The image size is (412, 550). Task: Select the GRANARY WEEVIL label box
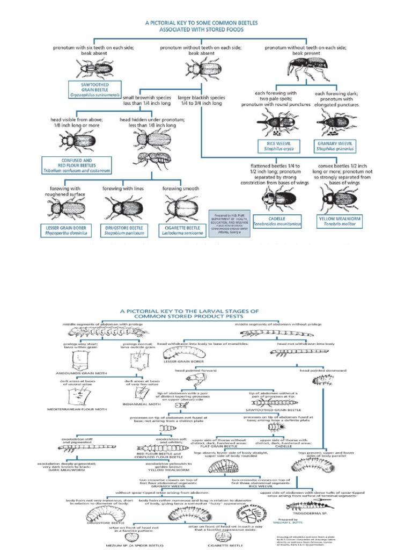pos(336,146)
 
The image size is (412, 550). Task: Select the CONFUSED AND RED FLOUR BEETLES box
pos(77,164)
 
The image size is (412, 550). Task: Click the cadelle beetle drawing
pos(279,199)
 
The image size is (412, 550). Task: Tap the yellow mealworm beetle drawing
pos(336,199)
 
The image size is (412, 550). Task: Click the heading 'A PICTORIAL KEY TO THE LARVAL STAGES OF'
pos(206,310)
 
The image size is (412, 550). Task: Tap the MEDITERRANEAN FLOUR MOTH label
pos(79,409)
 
